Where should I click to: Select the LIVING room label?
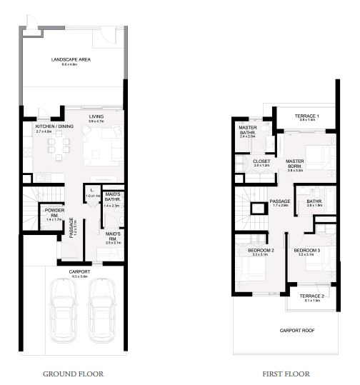tap(96, 116)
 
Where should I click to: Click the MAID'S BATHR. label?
tap(111, 197)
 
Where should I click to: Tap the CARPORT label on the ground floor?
tap(79, 272)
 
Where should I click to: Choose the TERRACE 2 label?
tap(312, 296)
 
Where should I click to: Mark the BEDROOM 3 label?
tap(306, 251)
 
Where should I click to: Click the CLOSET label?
tap(261, 162)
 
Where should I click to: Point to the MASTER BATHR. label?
tap(248, 129)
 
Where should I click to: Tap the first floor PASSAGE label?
tap(280, 201)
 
